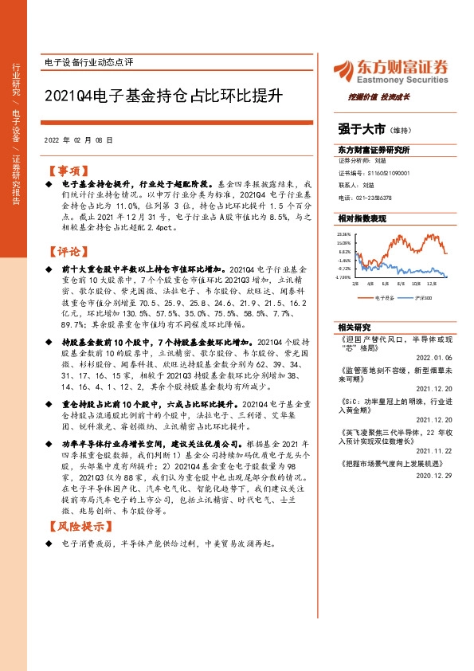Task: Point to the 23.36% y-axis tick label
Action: [x=344, y=233]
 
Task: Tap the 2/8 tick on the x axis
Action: [x=355, y=282]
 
